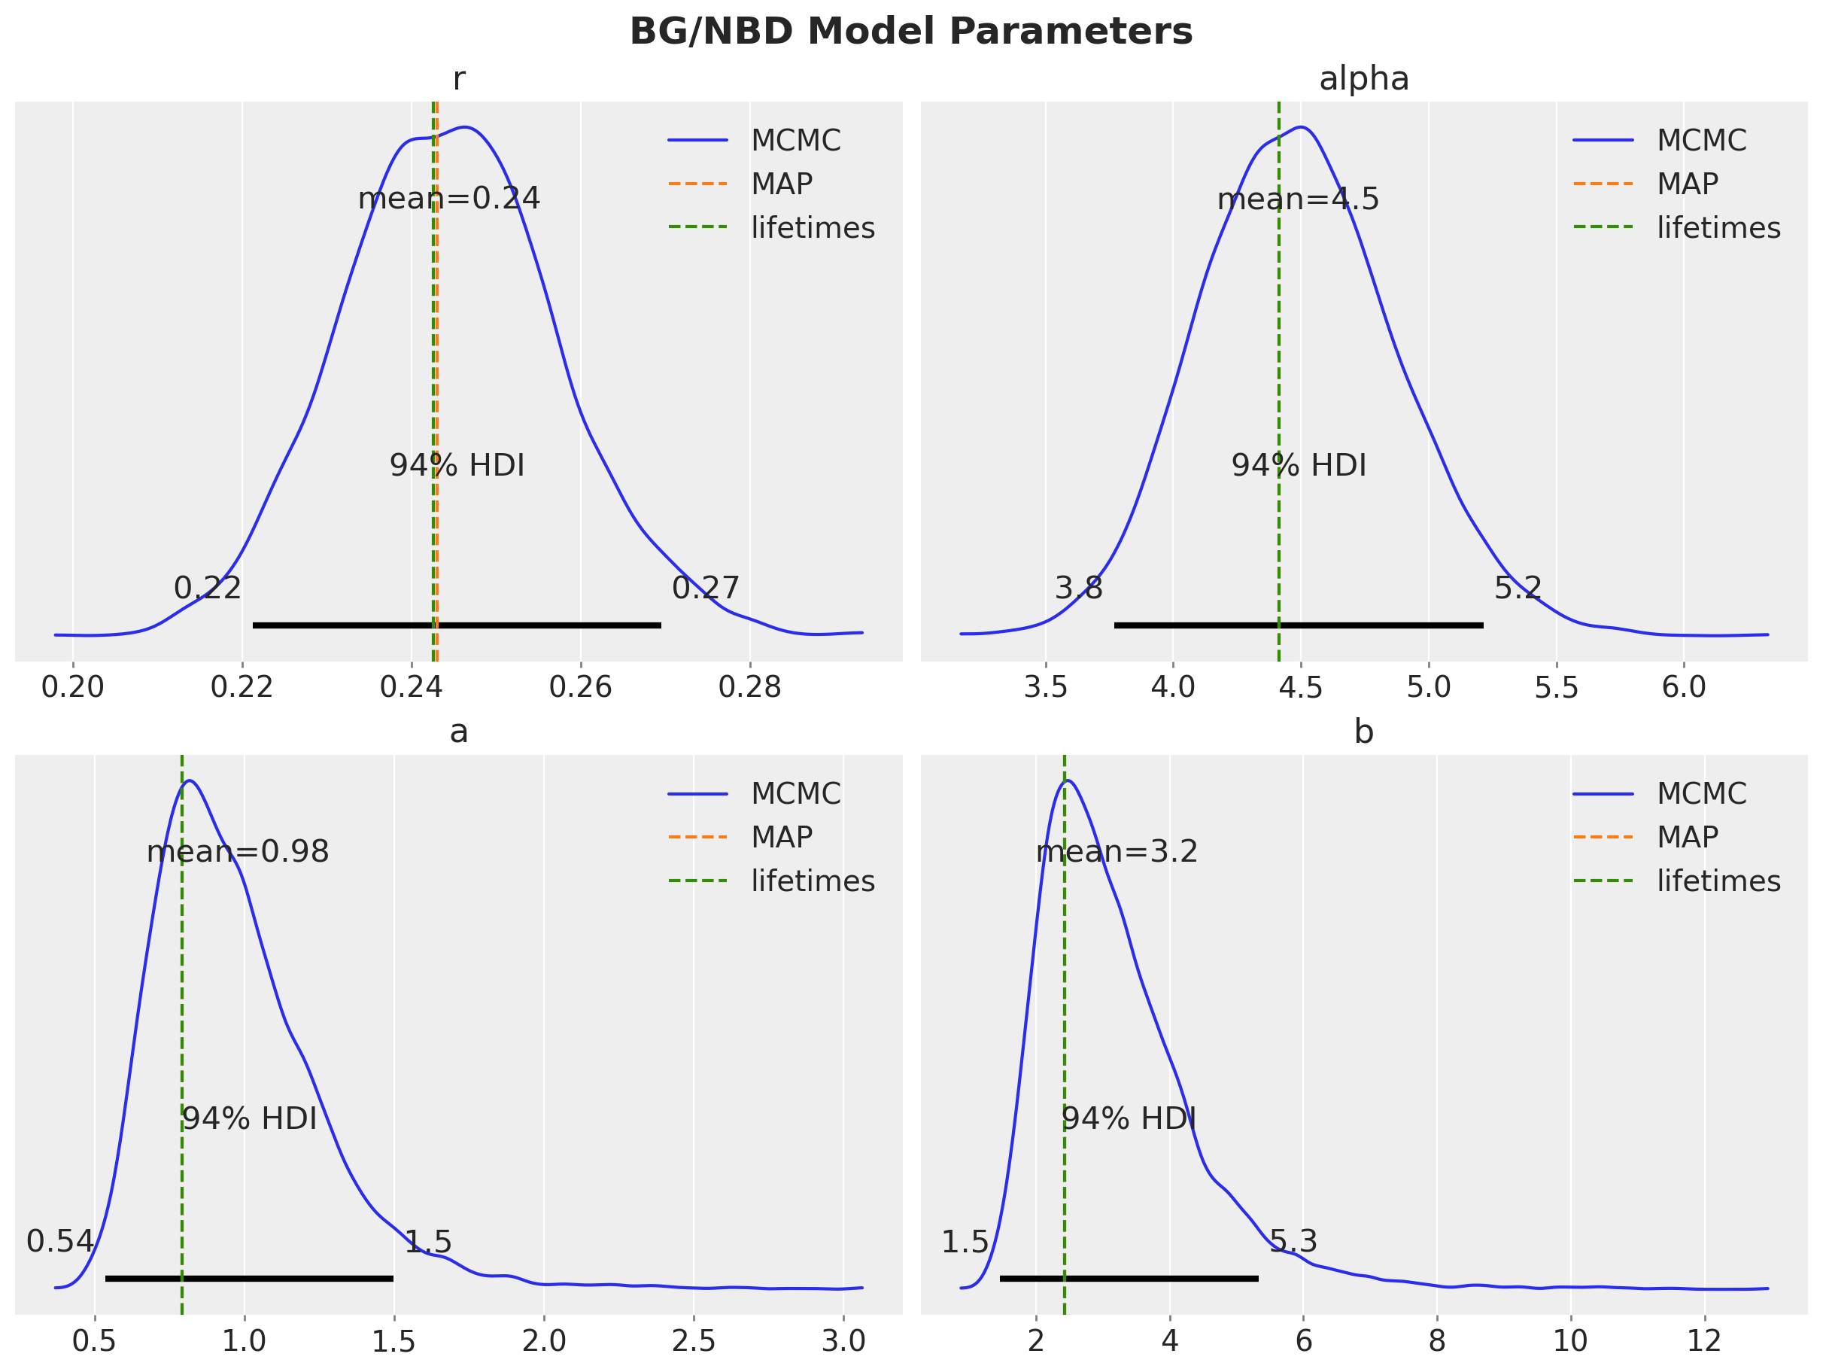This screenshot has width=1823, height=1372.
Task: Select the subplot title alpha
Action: pos(1364,79)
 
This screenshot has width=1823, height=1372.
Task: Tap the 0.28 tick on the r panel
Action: pos(749,688)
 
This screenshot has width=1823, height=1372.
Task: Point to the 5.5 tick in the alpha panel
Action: pos(1556,688)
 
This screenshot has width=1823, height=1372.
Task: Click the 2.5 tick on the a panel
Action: pos(693,1340)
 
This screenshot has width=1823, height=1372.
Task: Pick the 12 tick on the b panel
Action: pos(1703,1340)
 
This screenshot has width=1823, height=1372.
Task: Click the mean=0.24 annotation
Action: pos(448,199)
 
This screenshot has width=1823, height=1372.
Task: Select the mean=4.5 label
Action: pos(1298,199)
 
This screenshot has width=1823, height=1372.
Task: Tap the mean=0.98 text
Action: pos(237,852)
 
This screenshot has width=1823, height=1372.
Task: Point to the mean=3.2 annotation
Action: pos(1117,852)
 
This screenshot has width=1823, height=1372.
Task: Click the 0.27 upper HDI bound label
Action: pos(706,588)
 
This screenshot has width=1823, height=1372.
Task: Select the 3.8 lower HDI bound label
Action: pos(1079,588)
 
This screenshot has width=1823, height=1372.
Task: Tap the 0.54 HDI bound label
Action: pos(60,1241)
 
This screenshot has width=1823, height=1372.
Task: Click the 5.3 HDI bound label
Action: pos(1293,1241)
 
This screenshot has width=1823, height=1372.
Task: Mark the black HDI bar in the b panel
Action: pos(1129,1278)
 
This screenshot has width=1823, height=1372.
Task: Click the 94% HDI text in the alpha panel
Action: pos(1299,466)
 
